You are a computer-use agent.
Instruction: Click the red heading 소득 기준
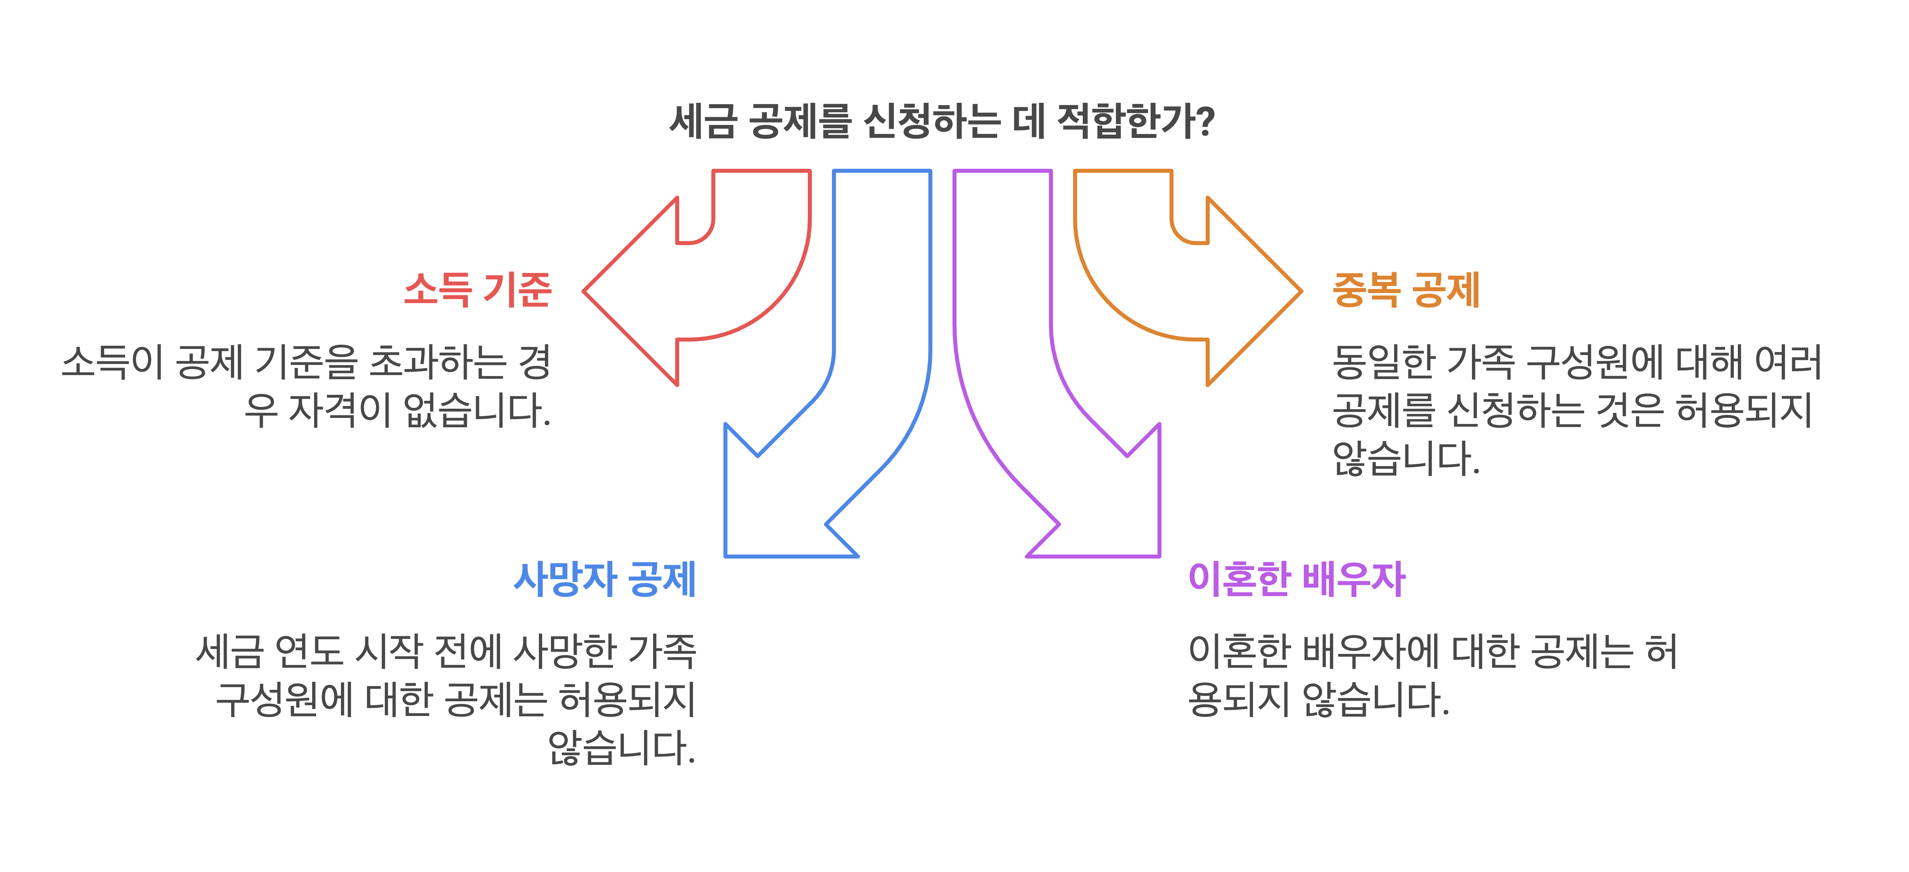click(x=478, y=289)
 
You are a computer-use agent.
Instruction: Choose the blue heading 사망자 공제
click(x=605, y=579)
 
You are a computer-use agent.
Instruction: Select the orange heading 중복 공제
click(x=1406, y=289)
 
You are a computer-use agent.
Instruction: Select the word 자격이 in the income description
click(x=339, y=410)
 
